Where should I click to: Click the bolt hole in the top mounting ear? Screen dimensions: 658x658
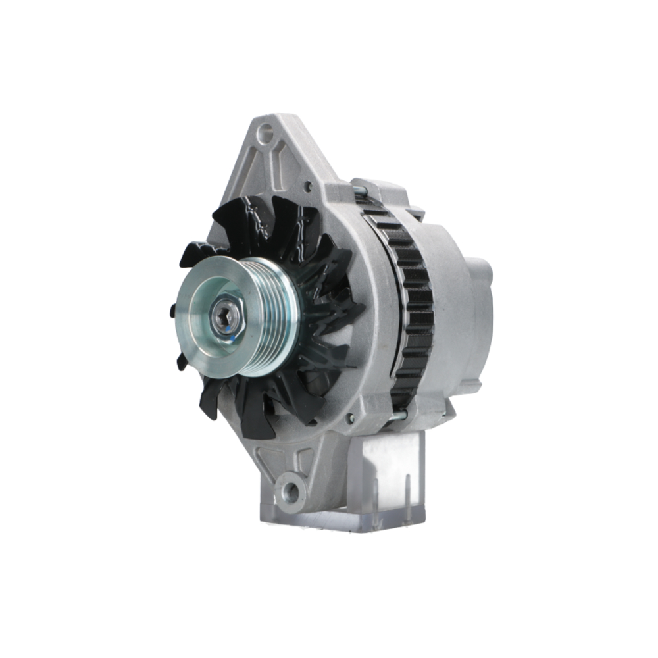(265, 134)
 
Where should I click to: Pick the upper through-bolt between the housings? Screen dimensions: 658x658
(359, 191)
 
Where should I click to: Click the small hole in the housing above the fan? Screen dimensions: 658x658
(307, 187)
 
